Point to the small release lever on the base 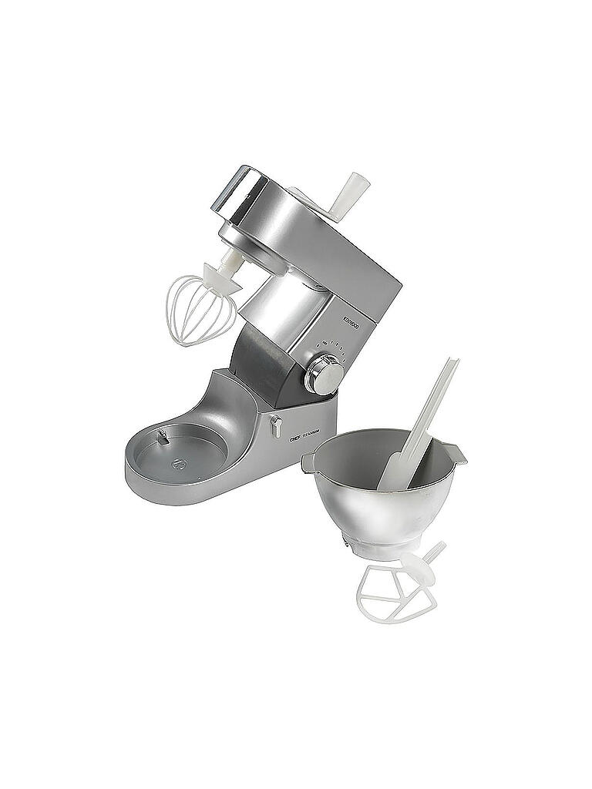point(275,425)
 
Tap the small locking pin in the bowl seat point(163,437)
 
